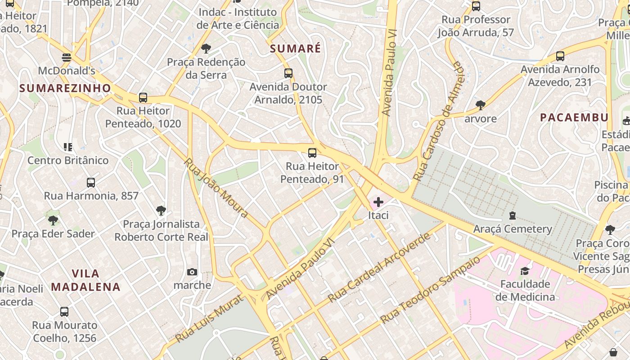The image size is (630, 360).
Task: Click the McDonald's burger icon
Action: (67, 58)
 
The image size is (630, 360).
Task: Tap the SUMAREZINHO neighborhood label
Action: (65, 88)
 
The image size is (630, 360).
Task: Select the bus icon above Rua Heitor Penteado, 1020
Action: (143, 98)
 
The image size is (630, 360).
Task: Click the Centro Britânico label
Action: (68, 160)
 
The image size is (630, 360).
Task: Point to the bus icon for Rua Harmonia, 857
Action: (91, 183)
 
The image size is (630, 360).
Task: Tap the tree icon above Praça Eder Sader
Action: (53, 220)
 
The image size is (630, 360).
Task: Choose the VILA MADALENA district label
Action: (85, 280)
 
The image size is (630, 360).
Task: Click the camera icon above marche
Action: (192, 272)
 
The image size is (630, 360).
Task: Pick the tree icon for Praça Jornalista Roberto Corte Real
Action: (161, 211)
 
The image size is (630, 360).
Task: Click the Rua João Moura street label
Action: (216, 188)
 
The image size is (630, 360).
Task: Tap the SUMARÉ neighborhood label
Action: (296, 49)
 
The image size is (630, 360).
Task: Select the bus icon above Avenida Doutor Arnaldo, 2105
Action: (288, 73)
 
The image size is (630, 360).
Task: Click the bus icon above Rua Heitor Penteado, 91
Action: (312, 153)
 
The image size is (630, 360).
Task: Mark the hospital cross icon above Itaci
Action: (378, 202)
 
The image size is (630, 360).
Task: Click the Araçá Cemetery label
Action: (513, 229)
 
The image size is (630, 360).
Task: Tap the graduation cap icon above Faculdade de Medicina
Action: (525, 271)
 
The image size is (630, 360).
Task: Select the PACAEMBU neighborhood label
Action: (574, 117)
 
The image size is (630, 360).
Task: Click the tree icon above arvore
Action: (481, 105)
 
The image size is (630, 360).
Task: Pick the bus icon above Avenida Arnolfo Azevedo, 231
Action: (560, 56)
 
